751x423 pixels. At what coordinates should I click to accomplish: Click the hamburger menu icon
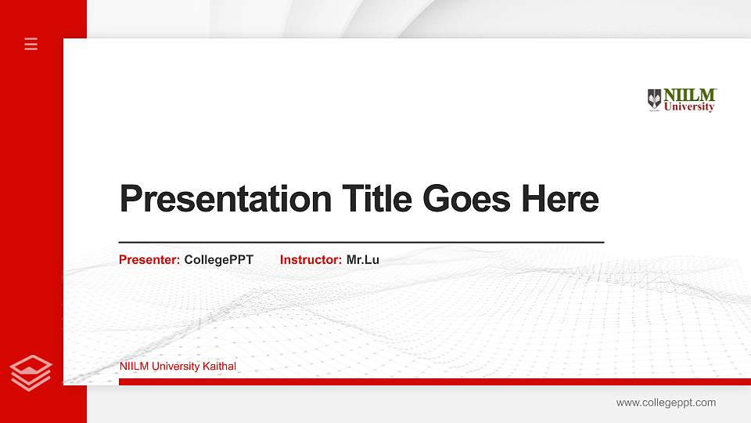pos(31,44)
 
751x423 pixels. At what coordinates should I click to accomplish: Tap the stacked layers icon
pos(31,372)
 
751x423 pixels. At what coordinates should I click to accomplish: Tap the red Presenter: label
pos(149,260)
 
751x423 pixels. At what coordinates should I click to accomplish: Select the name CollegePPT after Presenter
pos(218,260)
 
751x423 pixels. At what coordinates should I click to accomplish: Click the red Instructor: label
pos(311,260)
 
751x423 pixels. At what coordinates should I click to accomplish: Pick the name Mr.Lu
pos(362,260)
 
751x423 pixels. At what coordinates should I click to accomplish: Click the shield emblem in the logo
pos(655,99)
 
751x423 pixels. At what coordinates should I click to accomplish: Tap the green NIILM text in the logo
pos(690,95)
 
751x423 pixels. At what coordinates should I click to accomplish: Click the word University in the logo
pos(689,107)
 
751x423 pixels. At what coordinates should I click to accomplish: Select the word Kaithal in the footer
pos(219,367)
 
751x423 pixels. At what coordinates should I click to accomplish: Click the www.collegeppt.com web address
pos(666,403)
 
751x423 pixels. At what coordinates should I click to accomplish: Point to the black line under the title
pos(361,243)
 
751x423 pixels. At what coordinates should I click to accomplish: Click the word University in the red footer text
pos(176,367)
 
